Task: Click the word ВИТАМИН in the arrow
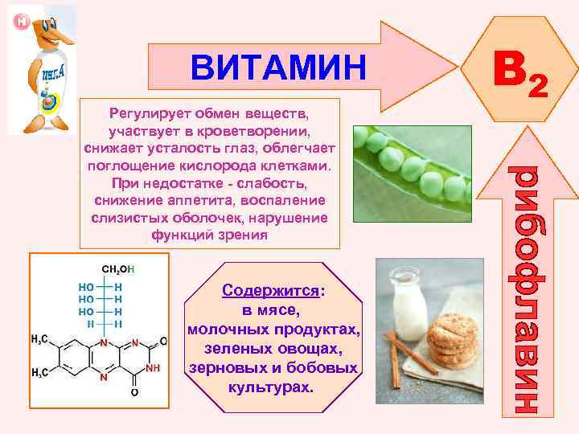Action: (277, 68)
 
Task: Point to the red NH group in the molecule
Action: (153, 367)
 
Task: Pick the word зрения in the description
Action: (243, 235)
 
